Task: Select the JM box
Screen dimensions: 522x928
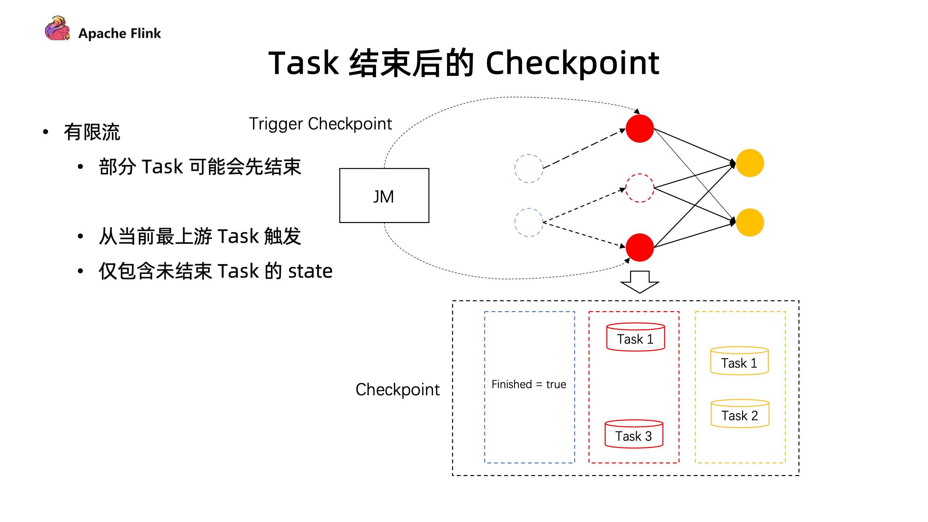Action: point(384,196)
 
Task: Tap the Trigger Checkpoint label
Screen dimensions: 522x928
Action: point(320,124)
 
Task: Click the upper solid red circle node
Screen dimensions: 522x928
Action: point(639,129)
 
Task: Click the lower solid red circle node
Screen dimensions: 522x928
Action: point(639,247)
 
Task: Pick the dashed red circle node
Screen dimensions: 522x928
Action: point(639,188)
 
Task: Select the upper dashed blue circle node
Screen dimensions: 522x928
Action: point(528,168)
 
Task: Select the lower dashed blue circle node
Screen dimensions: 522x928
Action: point(528,222)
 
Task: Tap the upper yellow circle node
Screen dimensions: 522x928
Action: point(750,163)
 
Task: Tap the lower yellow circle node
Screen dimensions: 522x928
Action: point(750,222)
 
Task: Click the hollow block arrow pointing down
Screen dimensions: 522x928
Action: point(639,282)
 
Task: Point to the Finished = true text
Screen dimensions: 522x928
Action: point(528,385)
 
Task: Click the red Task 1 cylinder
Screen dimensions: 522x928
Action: point(636,337)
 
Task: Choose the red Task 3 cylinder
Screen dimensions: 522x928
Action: point(634,434)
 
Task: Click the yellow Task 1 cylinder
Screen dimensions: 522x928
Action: point(739,361)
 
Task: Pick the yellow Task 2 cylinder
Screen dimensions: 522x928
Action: point(740,414)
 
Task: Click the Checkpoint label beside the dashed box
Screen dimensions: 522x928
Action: point(398,390)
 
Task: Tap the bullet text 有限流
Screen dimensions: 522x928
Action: point(92,132)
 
